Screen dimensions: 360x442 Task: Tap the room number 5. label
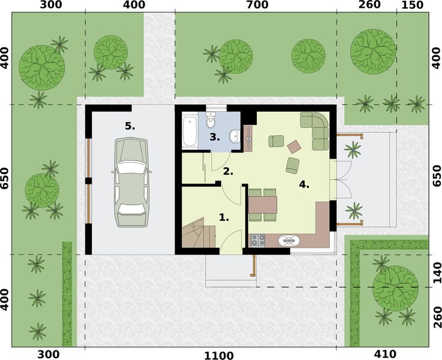click(x=130, y=126)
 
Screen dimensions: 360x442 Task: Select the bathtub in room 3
click(x=189, y=131)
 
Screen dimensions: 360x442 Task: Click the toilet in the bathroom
click(x=209, y=122)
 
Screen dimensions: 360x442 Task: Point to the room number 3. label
click(x=214, y=137)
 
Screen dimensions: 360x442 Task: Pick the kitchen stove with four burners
click(x=257, y=241)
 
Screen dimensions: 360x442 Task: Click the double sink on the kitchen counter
click(x=290, y=241)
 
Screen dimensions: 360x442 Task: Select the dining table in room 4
click(x=263, y=206)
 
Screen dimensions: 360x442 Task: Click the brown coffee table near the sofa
click(x=295, y=146)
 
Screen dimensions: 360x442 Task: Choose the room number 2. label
click(x=228, y=171)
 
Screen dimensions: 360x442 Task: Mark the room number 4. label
click(x=304, y=185)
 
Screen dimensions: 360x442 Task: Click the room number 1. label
click(x=224, y=218)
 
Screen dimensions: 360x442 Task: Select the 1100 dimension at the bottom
click(x=218, y=355)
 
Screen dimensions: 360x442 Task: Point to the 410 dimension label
click(x=386, y=355)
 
